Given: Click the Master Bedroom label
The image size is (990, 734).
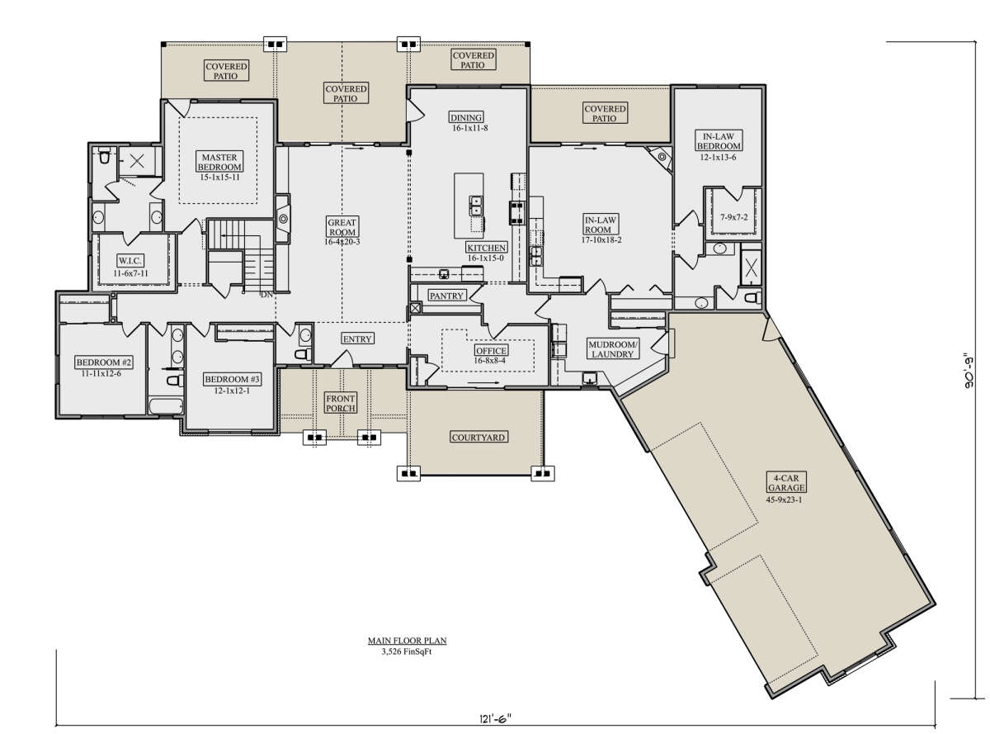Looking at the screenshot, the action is [219, 162].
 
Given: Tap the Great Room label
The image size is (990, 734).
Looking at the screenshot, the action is [342, 227].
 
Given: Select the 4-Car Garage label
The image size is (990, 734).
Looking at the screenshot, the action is [786, 482].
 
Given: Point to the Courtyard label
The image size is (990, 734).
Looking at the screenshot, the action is [478, 438].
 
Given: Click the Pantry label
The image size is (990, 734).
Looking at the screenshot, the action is [446, 296].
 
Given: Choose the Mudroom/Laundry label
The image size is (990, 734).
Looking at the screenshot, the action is [613, 349].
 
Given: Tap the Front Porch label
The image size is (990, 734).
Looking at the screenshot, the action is [341, 404].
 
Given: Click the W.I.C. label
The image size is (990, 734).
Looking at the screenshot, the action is [130, 260].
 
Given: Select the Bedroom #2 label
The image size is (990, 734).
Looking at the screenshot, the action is [104, 362].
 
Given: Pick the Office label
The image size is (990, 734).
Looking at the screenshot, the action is [491, 351].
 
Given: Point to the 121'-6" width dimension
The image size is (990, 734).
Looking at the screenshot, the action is [495, 719].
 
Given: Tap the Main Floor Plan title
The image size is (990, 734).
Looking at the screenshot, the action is [407, 641].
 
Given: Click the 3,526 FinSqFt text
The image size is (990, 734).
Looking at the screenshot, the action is [407, 651].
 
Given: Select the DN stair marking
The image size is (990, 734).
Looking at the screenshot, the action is [266, 295].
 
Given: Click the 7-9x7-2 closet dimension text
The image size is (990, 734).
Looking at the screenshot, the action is [733, 218].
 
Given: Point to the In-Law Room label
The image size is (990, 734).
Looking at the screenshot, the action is [601, 225].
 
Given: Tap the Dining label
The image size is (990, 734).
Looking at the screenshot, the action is [466, 117].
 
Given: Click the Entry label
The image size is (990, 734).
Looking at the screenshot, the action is [357, 339].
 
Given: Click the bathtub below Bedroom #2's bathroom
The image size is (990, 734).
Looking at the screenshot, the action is [166, 406].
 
